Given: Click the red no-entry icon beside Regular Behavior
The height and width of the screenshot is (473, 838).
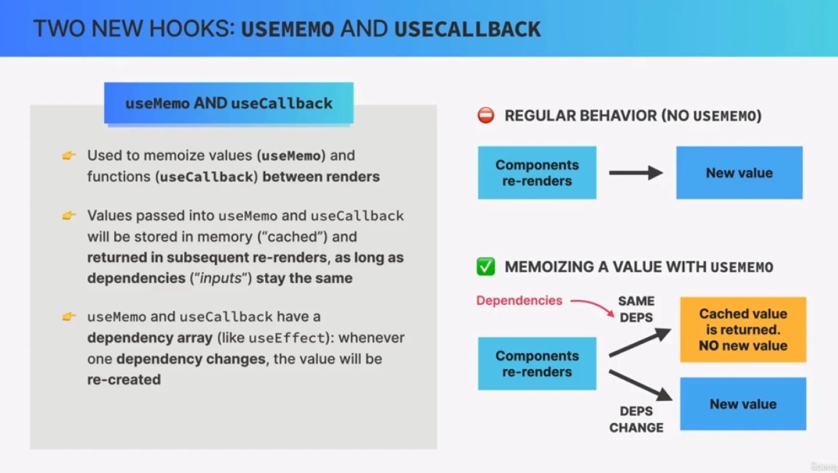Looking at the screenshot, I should pos(485,115).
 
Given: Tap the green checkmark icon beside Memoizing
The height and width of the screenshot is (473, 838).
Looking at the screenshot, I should pos(485,267).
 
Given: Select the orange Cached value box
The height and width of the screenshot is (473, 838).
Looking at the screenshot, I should pos(743,329).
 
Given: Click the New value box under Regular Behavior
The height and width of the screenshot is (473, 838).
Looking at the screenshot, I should pos(739,173).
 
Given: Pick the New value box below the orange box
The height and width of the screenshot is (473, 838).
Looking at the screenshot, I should pos(743,404).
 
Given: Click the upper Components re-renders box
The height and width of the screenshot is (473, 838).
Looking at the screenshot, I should pos(537,173).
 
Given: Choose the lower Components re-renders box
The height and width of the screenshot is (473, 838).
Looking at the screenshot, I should pos(537,364).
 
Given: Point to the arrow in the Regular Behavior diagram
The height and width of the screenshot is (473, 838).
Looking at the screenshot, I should pos(636,173).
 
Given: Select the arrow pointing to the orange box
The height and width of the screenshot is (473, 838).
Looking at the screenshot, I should pos(639,343).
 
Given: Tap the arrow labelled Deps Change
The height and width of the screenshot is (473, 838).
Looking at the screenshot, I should pos(639,386).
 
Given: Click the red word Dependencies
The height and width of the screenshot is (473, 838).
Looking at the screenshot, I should pos(519,300).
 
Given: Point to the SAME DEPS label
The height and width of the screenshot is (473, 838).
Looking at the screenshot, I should pos(636,309).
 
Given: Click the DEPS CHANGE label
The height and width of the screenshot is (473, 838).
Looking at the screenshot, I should pos(636,419).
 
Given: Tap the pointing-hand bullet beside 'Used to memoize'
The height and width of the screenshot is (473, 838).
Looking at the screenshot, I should pos(69,155).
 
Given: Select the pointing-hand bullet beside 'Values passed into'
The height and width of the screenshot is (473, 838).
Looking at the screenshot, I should pos(69,215).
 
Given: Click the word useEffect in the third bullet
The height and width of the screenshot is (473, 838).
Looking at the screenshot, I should pos(286,338).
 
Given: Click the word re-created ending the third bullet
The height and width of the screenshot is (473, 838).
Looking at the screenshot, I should pos(124,380).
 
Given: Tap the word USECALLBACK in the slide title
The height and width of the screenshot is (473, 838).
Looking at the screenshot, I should pos(467,29).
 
